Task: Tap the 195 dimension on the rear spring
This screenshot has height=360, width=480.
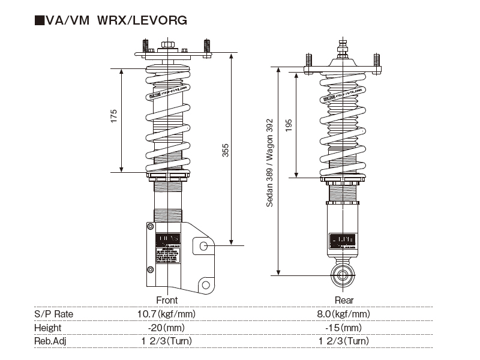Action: click(x=289, y=125)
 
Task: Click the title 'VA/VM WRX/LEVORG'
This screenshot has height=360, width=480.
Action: click(x=111, y=21)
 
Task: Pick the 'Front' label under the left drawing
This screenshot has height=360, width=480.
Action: click(x=167, y=300)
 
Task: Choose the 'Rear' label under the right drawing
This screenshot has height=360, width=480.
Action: click(x=344, y=300)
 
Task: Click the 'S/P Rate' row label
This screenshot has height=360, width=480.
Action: click(x=53, y=314)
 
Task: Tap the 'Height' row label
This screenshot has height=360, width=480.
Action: click(x=48, y=328)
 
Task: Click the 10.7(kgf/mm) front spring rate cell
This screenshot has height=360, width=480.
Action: click(x=167, y=314)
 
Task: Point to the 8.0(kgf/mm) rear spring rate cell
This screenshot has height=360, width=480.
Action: click(x=343, y=314)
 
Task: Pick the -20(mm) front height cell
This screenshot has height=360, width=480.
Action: click(x=167, y=328)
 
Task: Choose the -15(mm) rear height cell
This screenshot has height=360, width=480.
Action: click(x=343, y=328)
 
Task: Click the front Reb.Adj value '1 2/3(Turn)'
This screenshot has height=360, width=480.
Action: click(x=167, y=341)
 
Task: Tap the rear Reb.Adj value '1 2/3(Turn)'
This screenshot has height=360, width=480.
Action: click(x=343, y=341)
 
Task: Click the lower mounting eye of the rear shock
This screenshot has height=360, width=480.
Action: click(x=344, y=276)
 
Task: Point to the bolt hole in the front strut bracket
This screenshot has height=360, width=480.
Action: click(x=204, y=246)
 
